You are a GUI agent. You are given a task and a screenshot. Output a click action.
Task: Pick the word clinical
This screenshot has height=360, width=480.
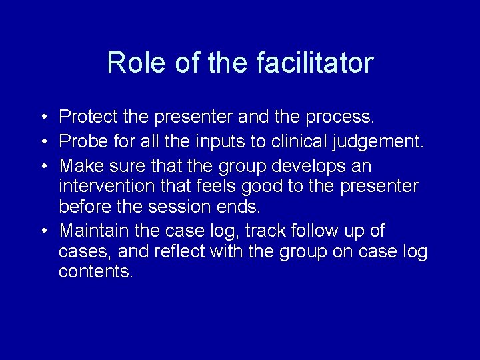click(281, 141)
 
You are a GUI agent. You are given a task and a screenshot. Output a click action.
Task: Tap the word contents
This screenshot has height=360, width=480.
click(95, 272)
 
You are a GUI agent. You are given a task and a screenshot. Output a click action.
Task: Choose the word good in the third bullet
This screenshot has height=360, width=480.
click(261, 187)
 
